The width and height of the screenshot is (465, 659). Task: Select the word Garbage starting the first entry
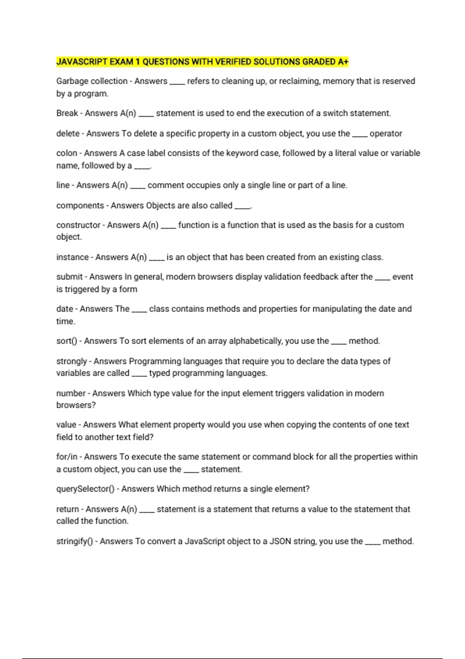click(x=71, y=81)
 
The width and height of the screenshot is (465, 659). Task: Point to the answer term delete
click(x=68, y=133)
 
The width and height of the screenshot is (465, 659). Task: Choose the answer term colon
click(x=67, y=153)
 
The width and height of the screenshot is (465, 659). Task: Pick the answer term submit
click(x=69, y=277)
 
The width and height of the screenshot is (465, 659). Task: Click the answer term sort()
click(x=67, y=341)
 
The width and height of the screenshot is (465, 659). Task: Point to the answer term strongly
click(x=72, y=361)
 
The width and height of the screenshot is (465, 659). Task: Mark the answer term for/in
click(x=67, y=457)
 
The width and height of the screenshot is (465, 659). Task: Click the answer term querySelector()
click(x=85, y=489)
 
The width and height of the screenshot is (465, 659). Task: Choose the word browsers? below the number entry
click(x=76, y=405)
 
